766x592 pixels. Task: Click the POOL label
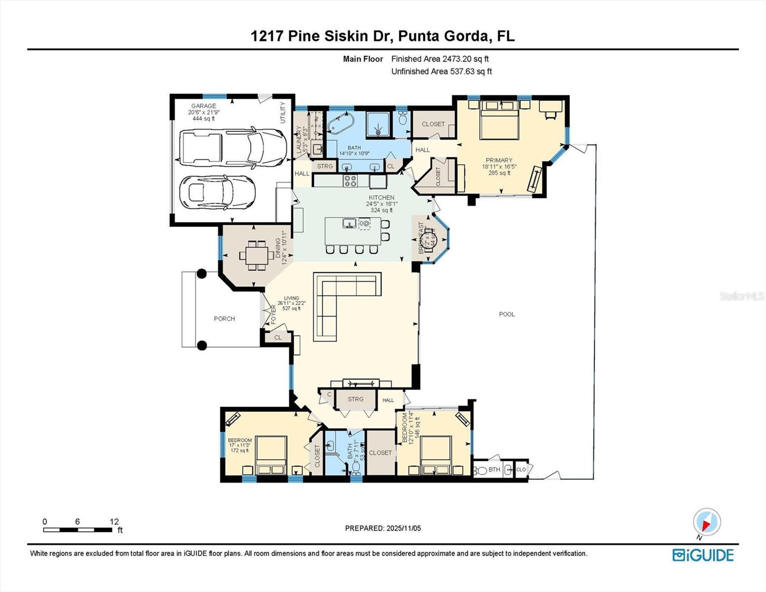tap(507, 314)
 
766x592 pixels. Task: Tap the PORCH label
tap(224, 319)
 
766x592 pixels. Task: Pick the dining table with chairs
tap(254, 255)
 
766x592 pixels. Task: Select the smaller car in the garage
tap(218, 192)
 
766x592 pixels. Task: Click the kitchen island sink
tap(349, 223)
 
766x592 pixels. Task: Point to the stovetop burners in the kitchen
tap(350, 181)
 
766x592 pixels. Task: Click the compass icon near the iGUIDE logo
tap(707, 522)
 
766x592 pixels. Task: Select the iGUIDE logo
tap(703, 555)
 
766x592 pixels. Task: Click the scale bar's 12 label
tap(114, 521)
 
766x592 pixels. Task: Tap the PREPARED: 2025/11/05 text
tap(383, 528)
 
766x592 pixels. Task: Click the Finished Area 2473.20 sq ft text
tap(440, 59)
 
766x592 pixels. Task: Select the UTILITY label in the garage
tap(283, 112)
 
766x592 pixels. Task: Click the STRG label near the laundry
tap(325, 166)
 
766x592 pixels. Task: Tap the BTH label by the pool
tap(494, 470)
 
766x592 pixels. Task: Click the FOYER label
tap(273, 314)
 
